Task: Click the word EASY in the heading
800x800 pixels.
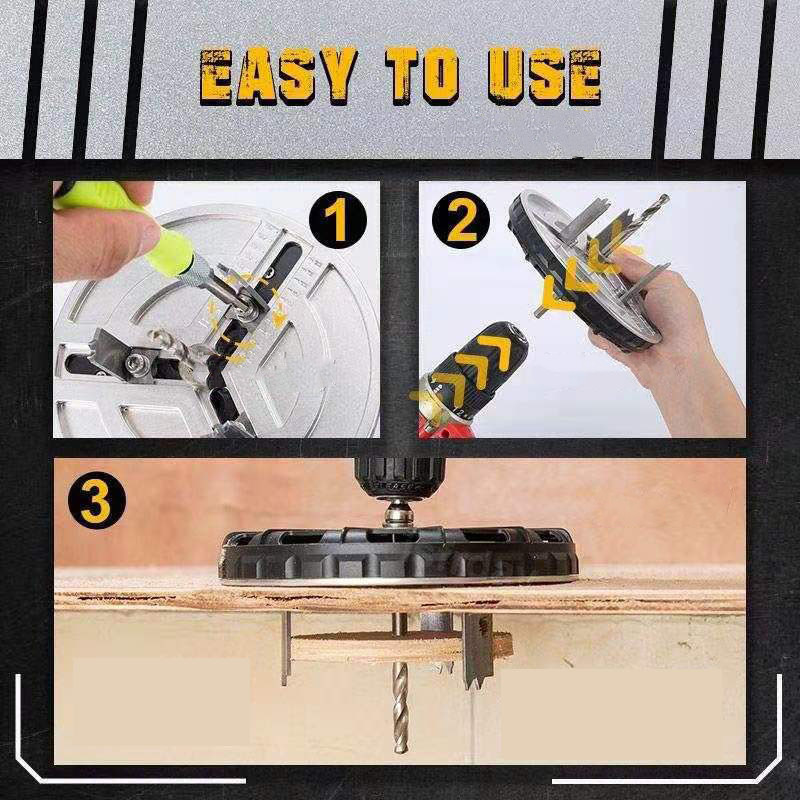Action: [x=278, y=76]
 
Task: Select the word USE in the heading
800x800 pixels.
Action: [x=545, y=76]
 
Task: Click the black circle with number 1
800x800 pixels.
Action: [x=338, y=220]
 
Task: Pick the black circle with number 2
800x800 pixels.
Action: [x=461, y=220]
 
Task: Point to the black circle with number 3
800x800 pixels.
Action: [x=96, y=500]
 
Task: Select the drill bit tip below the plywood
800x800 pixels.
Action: [x=401, y=745]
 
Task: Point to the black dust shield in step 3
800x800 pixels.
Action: [x=399, y=556]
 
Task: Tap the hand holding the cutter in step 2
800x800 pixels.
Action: [x=658, y=327]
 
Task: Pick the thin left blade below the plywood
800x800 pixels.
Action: [x=286, y=649]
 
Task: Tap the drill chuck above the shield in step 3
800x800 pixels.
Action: [x=399, y=478]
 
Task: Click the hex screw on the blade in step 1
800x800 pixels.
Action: [x=138, y=362]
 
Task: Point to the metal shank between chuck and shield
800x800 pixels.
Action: [x=398, y=514]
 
